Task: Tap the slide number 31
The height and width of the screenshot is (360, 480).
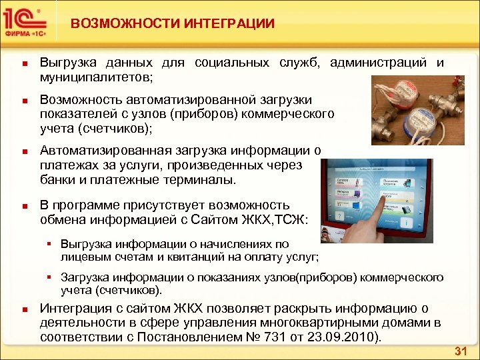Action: (459, 351)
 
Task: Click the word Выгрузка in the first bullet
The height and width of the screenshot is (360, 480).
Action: (67, 63)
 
